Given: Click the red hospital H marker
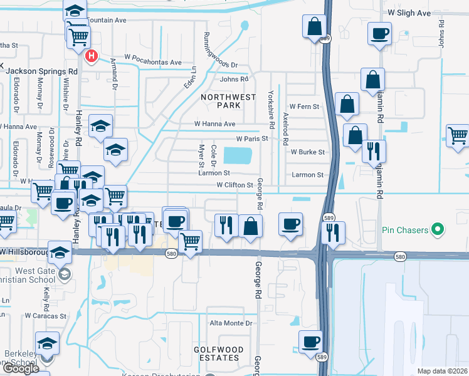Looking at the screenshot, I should pos(92,56).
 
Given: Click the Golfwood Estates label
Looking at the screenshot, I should pos(216,353).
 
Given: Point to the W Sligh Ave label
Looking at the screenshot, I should pos(409,13).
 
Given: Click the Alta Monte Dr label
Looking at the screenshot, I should pos(230,323).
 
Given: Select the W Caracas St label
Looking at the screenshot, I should pos(46,316).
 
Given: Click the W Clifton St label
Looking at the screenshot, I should pos(234,185).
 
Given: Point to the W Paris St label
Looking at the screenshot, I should pos(252,138).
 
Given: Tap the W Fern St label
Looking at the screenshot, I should pos(303,107).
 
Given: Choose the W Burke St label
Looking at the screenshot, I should pos(307,152).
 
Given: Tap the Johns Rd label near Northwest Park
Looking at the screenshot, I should pos(234,79).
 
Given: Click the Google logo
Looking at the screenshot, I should pos(20,368).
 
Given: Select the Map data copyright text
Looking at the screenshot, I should pos(443,371).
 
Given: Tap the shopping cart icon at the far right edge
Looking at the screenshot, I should pos(458,135).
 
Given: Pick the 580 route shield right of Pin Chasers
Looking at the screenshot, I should pos(399,256).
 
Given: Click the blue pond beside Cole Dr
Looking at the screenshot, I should pos(236,155).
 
